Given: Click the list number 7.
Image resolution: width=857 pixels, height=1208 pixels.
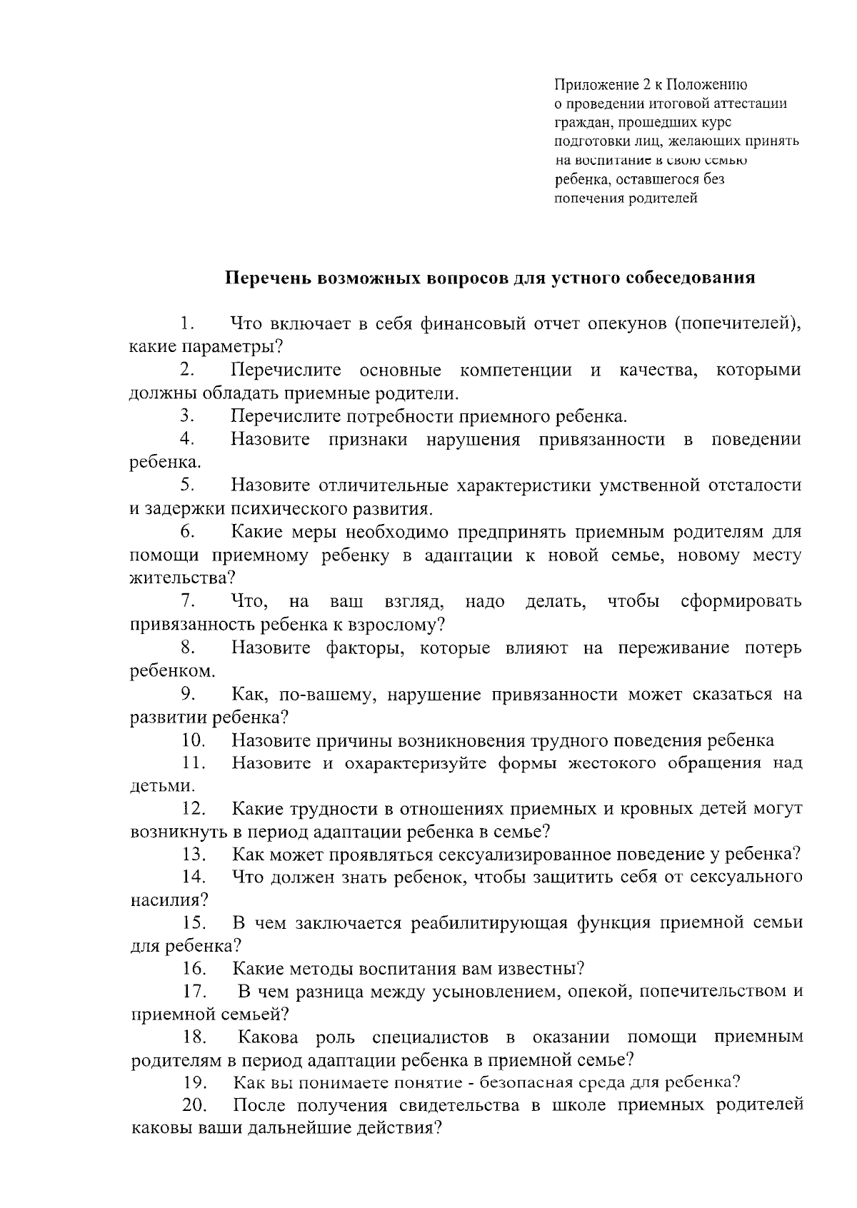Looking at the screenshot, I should (188, 601).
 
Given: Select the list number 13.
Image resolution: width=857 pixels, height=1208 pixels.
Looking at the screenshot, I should (194, 854).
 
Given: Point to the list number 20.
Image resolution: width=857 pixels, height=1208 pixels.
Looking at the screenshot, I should (194, 1105).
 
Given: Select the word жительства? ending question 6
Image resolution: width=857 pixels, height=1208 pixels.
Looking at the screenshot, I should (183, 578).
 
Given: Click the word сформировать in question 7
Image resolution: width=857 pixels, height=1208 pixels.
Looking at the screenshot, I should (741, 601).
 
